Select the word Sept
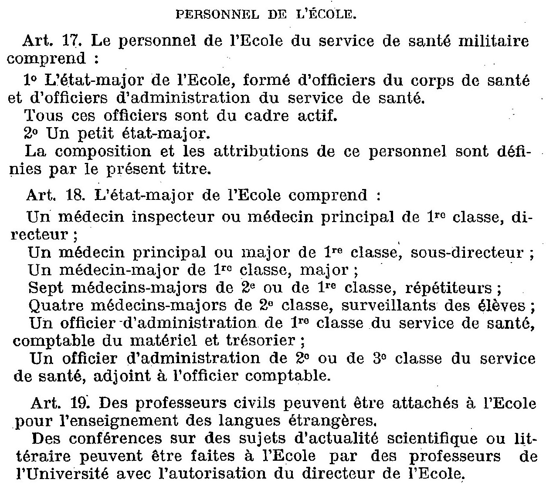pyautogui.click(x=44, y=288)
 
